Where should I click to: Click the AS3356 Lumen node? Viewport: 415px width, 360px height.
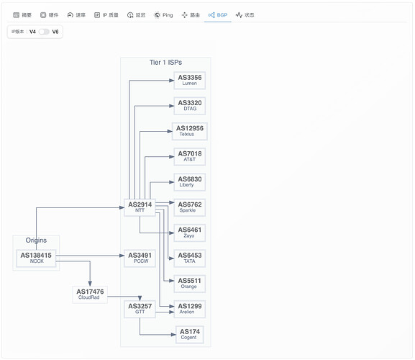click(x=189, y=80)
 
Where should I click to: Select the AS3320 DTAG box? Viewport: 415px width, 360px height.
click(x=189, y=106)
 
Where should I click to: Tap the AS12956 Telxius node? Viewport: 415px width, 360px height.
click(x=189, y=131)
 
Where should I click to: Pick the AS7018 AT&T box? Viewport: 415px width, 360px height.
click(x=189, y=156)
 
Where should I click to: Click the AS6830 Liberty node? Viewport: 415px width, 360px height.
click(x=189, y=182)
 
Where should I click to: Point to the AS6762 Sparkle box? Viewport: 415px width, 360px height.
click(x=189, y=207)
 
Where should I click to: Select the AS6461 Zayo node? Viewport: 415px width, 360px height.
click(x=189, y=233)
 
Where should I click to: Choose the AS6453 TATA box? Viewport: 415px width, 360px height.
click(x=189, y=258)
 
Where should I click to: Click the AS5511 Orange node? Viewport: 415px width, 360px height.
click(x=189, y=284)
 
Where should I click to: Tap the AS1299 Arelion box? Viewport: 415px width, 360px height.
click(x=189, y=309)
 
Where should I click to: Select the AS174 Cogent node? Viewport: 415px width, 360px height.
click(x=189, y=335)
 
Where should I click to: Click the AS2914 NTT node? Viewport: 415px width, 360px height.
click(x=140, y=207)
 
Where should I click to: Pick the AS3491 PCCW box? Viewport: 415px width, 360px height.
click(x=140, y=258)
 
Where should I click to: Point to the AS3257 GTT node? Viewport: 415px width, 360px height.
click(x=140, y=309)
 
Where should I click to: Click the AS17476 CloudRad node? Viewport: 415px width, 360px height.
click(x=90, y=294)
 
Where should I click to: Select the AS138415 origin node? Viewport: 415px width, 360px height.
click(x=36, y=258)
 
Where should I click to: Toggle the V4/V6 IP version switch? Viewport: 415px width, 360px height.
click(x=44, y=32)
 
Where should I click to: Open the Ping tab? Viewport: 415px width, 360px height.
click(x=163, y=15)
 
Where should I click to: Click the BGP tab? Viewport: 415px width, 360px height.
click(x=218, y=15)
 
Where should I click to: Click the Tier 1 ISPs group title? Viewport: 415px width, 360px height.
click(x=165, y=63)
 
